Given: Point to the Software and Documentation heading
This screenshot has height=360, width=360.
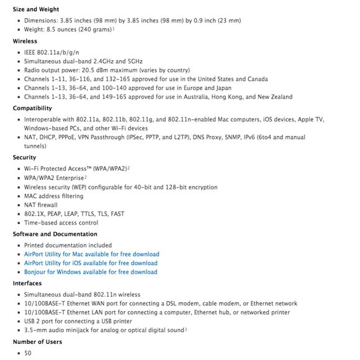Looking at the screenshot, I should coord(55,234).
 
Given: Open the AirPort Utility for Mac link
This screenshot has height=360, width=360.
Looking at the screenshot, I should coord(91,254).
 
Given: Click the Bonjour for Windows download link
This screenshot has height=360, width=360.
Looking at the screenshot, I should coord(91,272).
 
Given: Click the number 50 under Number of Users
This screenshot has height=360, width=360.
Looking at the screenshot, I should coord(28,353).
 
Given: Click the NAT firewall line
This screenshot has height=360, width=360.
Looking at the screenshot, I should coord(41,205).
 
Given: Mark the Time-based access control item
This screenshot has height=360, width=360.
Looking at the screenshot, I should coord(61,223).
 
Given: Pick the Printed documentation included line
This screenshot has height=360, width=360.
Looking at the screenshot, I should coord(68,245).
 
